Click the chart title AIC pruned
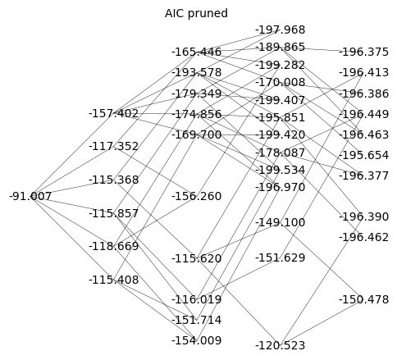[196, 13]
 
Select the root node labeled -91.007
[30, 196]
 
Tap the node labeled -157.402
[114, 113]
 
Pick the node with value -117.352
[114, 147]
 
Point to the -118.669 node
[114, 246]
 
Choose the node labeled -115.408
[114, 280]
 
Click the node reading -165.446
[197, 52]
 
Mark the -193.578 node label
[197, 72]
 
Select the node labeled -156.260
[197, 196]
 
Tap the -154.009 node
[197, 340]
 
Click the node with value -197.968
[281, 30]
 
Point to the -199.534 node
[281, 170]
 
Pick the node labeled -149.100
[281, 222]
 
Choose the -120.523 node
[281, 345]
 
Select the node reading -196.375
[364, 52]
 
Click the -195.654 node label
[364, 155]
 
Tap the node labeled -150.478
[364, 299]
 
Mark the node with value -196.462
[364, 237]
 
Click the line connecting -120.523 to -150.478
[322, 322]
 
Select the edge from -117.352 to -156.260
[155, 171]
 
